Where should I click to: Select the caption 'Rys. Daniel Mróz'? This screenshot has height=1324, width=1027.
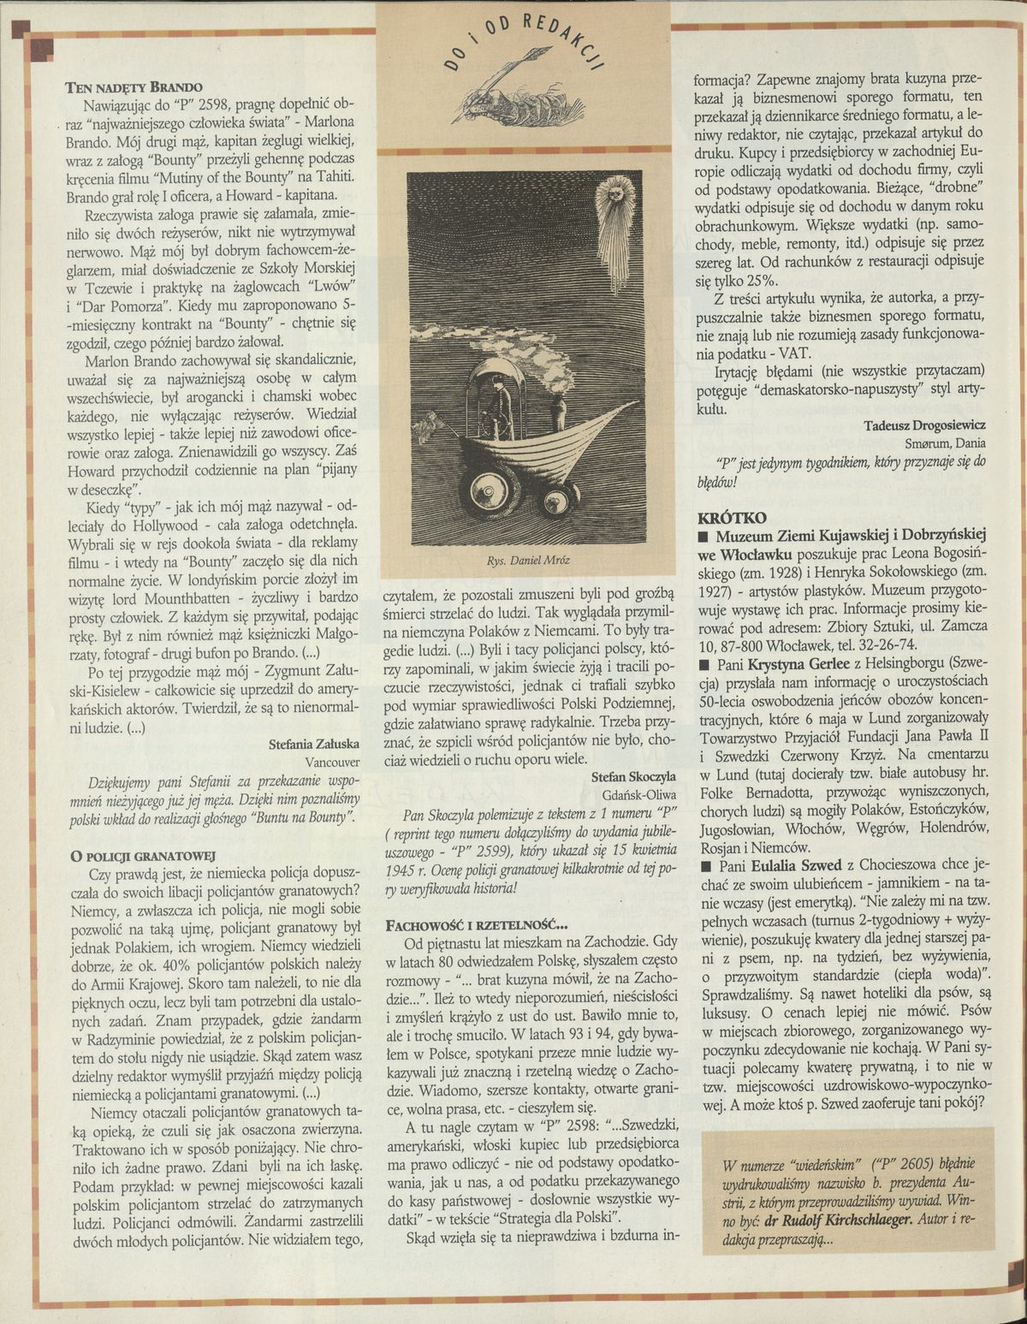(528, 561)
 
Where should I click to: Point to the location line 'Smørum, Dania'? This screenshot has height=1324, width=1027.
(946, 443)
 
